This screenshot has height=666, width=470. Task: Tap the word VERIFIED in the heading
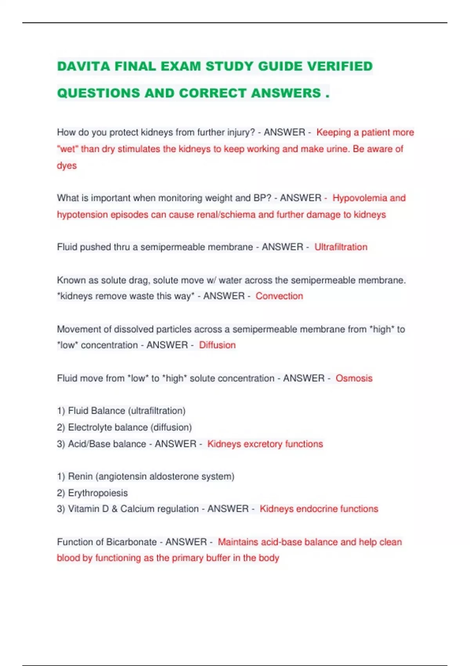[x=340, y=66]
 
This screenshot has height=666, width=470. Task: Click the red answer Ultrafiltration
[x=341, y=247]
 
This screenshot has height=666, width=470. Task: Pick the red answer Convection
[x=279, y=296]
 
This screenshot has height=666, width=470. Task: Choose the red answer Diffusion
[x=217, y=345]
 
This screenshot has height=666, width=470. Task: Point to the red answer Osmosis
[x=354, y=378]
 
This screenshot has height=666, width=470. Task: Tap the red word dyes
[x=67, y=165]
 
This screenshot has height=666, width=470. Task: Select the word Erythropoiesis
[x=98, y=493]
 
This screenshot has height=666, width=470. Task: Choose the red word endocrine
[x=317, y=509]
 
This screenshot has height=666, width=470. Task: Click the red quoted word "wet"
[x=67, y=149]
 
